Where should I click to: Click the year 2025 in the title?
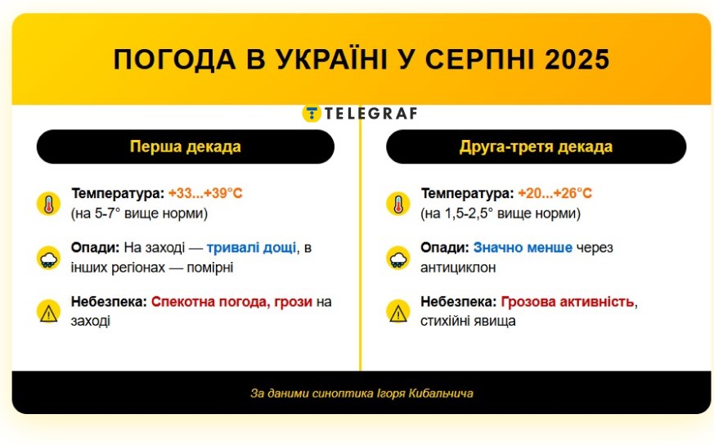coord(577,60)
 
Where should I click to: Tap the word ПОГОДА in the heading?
coord(174,60)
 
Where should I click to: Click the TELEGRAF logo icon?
coord(312,113)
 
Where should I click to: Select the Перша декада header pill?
coord(186,146)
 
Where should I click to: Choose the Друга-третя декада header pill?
coord(536,146)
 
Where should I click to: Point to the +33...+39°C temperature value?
coord(205,193)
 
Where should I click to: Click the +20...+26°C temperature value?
coord(555,193)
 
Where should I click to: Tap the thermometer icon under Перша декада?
coord(49,204)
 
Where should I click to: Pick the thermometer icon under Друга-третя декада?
coord(398,204)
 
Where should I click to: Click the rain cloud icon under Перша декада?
coord(49,258)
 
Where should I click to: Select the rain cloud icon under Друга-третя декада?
coord(398,258)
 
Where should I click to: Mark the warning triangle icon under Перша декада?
coord(49,312)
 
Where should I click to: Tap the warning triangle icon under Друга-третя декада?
coord(398,312)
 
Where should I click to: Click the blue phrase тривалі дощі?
coord(251,248)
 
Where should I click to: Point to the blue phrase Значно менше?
coord(523,247)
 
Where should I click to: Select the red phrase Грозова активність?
coord(568,302)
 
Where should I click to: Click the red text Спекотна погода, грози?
coord(231,302)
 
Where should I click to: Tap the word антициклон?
coord(458,268)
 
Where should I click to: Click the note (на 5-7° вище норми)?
coord(139,214)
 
